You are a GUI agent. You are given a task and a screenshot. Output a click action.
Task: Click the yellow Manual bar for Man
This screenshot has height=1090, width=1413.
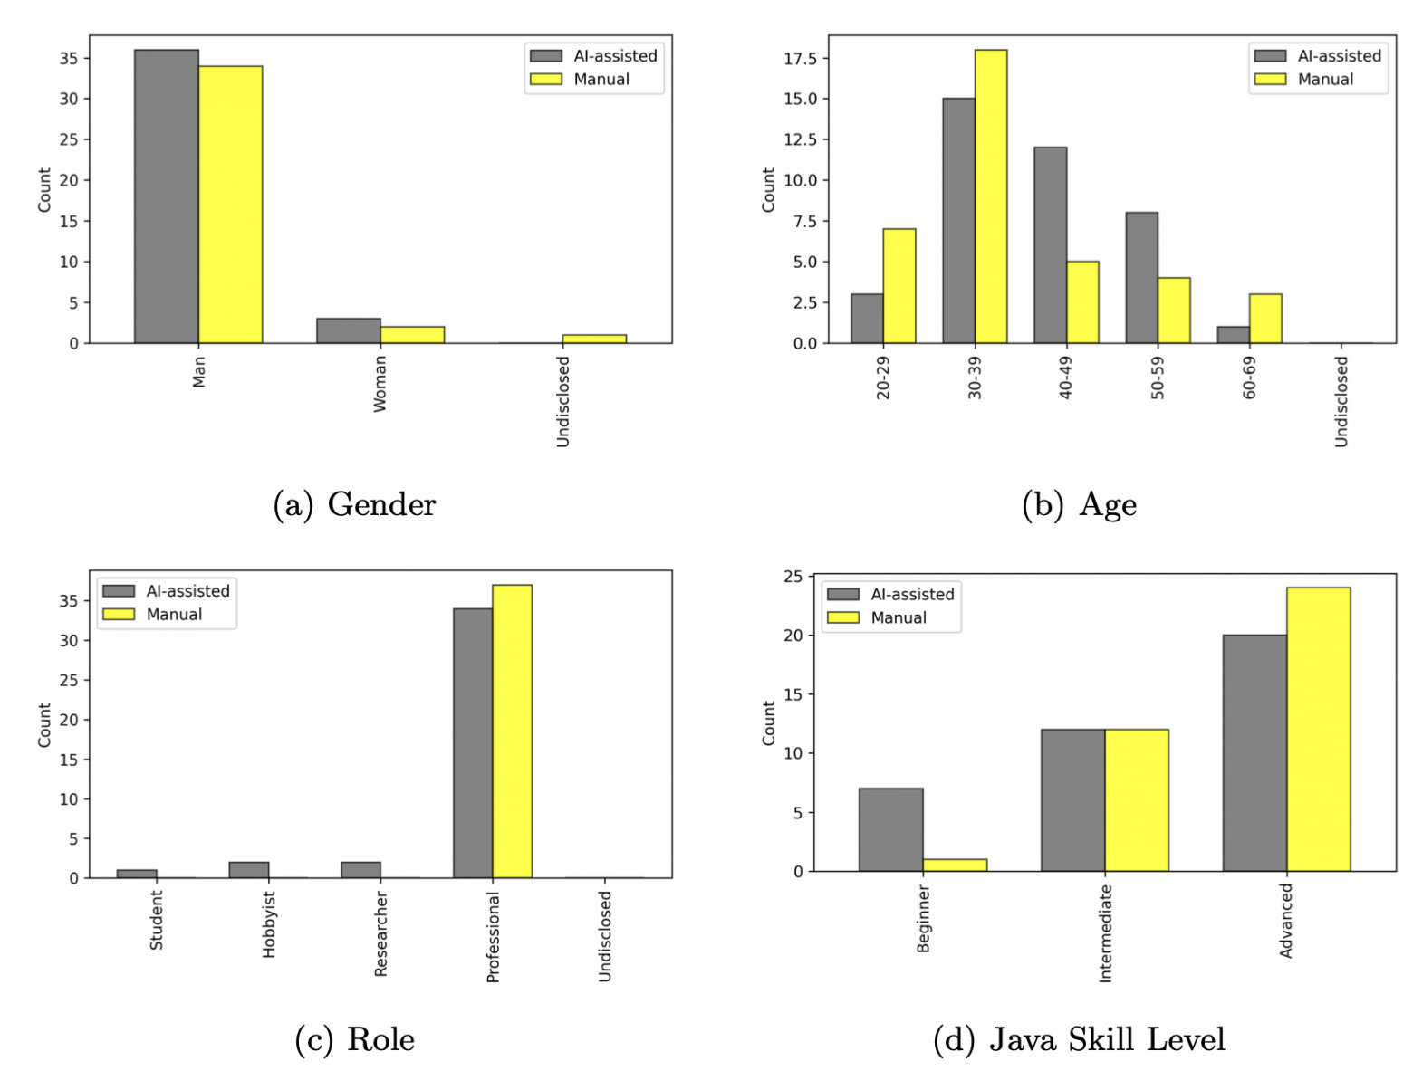pos(231,205)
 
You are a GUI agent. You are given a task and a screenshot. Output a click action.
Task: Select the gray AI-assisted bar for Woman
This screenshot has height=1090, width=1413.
pos(349,330)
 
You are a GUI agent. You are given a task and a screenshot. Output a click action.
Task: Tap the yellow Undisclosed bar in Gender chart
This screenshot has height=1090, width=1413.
pos(594,339)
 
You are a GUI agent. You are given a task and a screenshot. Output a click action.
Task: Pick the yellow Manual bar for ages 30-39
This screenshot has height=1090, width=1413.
pos(991,196)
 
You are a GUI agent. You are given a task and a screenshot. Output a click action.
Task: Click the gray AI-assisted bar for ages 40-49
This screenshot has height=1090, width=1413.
pos(1051,245)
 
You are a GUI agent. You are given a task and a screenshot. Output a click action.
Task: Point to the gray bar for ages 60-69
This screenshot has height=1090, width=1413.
pos(1234,335)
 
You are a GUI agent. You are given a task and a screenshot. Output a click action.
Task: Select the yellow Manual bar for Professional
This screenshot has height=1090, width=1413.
pos(513,731)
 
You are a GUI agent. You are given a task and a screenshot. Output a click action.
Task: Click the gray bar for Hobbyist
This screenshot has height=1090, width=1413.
pos(249,870)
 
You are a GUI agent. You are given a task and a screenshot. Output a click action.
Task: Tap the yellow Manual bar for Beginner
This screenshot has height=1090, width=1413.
pos(955,865)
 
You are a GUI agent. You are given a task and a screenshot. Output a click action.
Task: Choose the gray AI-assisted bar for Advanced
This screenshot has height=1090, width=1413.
pos(1254,753)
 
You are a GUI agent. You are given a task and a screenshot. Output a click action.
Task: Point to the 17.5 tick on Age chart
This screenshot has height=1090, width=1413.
pos(800,59)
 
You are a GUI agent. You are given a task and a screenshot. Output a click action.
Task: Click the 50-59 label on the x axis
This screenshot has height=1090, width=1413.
pos(1158,378)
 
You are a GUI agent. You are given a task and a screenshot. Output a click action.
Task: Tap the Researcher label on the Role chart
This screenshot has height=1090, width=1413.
pos(381,933)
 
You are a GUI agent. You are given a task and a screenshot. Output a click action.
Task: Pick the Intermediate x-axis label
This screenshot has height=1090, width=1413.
pos(1105,933)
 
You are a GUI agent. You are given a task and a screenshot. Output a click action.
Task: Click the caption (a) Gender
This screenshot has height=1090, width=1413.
pos(355,504)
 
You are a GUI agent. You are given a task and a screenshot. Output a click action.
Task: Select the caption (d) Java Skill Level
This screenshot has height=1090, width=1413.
pos(1079,1039)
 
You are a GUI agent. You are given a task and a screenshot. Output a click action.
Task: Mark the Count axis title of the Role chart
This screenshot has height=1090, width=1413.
pos(44,724)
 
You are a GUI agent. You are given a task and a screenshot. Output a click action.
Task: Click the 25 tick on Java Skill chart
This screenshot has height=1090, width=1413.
pos(793,577)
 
